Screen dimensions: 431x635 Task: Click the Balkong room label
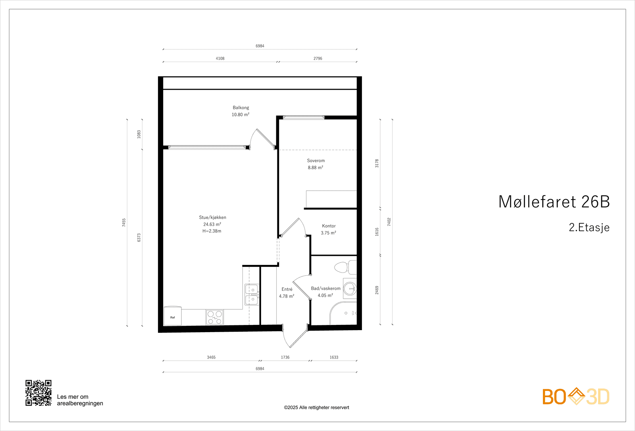pos(241,108)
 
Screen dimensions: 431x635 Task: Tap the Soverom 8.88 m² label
pos(316,164)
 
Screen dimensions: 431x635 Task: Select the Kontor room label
pos(329,226)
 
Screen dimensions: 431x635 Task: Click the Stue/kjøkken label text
pos(212,217)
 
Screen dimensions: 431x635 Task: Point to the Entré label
pos(287,289)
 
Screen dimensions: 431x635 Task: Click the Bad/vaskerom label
pos(325,288)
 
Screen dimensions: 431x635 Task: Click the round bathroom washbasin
pos(350,289)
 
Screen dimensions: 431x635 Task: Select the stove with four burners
pos(215,317)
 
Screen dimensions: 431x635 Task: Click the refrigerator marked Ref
pos(173,316)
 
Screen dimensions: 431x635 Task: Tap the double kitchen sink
pos(252,294)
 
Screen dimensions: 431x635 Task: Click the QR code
pos(38,393)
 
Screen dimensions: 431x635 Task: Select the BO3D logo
pos(576,396)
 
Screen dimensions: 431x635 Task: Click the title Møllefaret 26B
pos(554,202)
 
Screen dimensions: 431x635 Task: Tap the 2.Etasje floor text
pos(589,227)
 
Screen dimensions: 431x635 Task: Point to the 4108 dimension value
pos(220,58)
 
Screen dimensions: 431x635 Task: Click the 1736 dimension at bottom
pos(285,357)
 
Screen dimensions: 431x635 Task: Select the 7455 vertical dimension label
pos(124,222)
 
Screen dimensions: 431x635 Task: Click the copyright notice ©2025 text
pos(316,408)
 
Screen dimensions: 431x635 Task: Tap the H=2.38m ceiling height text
pos(212,231)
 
